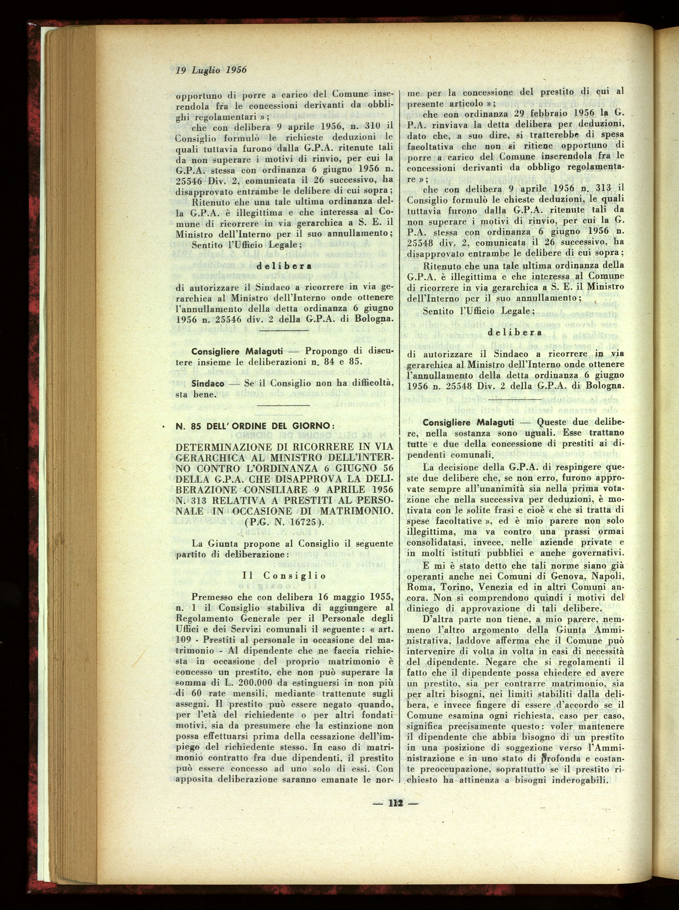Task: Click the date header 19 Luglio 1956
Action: click(211, 70)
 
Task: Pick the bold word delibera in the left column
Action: click(284, 265)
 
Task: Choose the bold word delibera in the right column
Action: click(515, 332)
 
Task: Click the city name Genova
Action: click(569, 576)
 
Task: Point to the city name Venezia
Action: click(510, 587)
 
